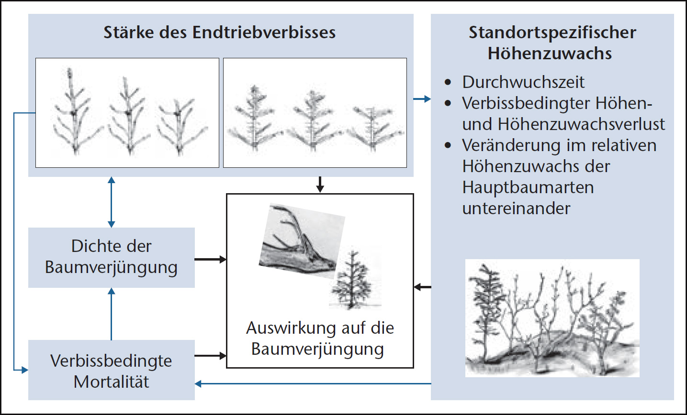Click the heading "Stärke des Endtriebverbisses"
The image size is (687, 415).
click(220, 33)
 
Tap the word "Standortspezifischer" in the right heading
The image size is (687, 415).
click(552, 33)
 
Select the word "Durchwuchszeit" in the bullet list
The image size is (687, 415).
click(523, 82)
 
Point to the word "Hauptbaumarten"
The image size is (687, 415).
click(528, 187)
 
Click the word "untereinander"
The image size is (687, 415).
click(516, 208)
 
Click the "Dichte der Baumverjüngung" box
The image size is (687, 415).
click(111, 257)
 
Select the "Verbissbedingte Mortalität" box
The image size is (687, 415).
click(111, 371)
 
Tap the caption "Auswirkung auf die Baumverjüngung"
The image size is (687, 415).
click(319, 339)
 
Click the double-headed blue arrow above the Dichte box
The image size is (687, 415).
click(112, 202)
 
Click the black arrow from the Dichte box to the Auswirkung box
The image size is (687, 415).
click(210, 259)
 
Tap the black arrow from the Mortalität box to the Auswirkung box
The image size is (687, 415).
click(210, 356)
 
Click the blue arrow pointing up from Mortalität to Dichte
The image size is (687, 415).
click(112, 313)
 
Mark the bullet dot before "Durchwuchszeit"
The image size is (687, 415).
click(448, 83)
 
